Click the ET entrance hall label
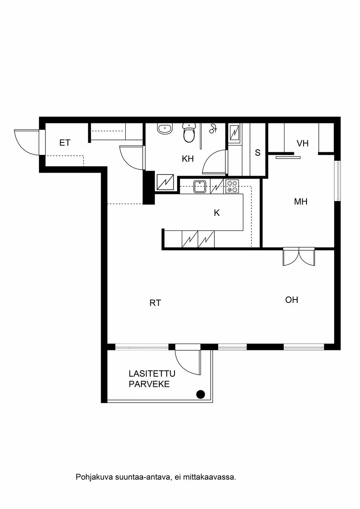pos(65,143)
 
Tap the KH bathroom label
pos(188,159)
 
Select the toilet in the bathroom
pos(189,133)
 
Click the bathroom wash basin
pos(165,129)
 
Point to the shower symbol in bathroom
pos(214,128)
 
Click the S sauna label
pos(258,153)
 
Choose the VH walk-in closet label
pos(302,144)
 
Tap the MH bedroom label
pos(301,202)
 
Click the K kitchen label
pos(217,213)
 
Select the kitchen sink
pos(200,186)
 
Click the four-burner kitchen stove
pos(232,186)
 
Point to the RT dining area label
pos(155,303)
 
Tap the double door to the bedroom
pos(299,257)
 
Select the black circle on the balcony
pos(201,394)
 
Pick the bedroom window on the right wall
pos(337,180)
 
